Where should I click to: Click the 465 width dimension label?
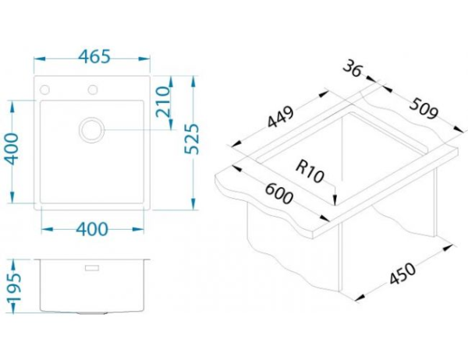(x=94, y=58)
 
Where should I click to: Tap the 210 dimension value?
(x=165, y=101)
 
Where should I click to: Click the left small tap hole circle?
(x=45, y=88)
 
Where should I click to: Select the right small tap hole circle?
(x=94, y=88)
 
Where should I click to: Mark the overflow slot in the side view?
(x=94, y=267)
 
